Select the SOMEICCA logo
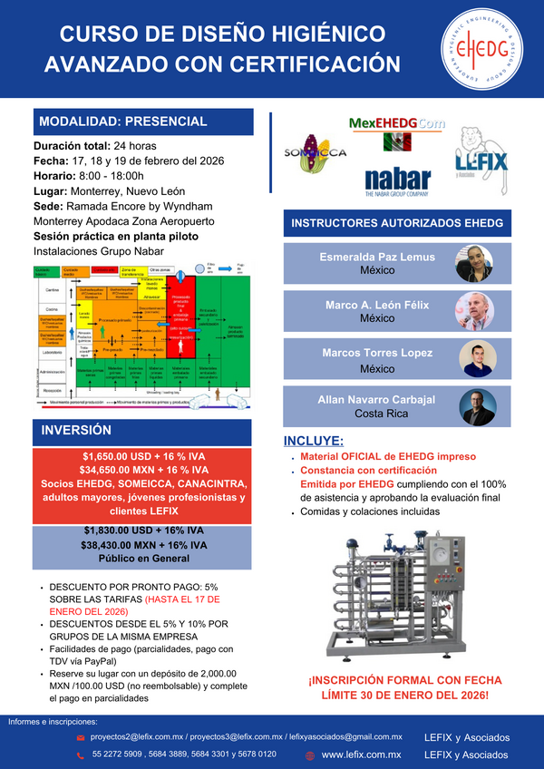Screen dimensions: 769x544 click(315, 153)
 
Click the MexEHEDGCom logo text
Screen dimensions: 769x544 click(397, 122)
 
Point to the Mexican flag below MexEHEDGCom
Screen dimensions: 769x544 click(397, 141)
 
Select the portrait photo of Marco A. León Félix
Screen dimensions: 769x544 click(474, 311)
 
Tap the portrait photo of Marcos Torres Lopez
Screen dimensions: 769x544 click(474, 359)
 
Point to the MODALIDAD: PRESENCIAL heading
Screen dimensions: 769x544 click(122, 122)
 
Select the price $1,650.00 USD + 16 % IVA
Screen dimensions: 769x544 click(143, 456)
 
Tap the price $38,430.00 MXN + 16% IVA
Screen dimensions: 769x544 click(145, 545)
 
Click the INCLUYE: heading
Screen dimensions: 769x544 click(315, 441)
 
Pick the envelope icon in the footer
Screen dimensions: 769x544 click(81, 738)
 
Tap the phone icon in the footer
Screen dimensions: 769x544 click(81, 754)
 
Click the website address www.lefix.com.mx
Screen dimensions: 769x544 click(361, 754)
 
